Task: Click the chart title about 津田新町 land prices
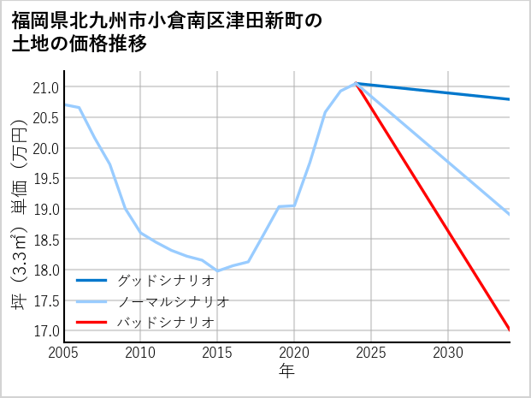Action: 167,32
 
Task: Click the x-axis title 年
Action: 286,371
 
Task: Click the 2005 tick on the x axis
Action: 64,353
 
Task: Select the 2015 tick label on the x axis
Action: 217,353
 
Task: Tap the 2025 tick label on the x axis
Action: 371,353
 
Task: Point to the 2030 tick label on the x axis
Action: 448,353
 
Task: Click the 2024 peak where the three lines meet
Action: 356,83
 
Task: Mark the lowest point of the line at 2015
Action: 217,270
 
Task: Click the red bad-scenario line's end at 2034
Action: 510,330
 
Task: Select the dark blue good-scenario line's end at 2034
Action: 510,99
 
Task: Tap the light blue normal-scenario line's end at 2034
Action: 510,214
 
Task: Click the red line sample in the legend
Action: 92,322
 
